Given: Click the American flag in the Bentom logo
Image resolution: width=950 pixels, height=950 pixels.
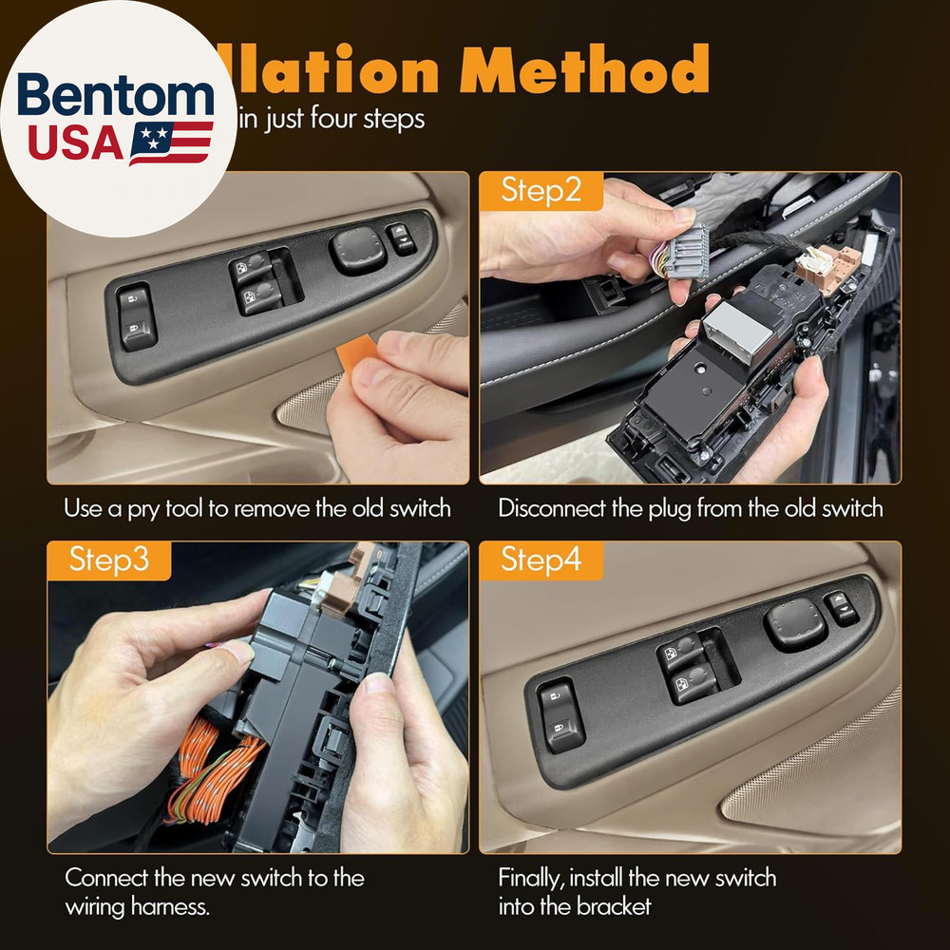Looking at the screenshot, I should click(171, 142).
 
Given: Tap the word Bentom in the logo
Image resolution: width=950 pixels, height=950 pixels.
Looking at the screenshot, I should click(116, 98).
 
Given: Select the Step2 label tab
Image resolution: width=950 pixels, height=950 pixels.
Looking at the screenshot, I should click(541, 191).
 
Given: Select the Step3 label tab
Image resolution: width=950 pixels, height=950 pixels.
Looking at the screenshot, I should click(108, 560).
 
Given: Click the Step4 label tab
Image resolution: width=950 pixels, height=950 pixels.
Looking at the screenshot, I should click(541, 560).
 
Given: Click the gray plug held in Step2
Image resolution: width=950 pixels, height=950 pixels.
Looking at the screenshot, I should click(686, 249).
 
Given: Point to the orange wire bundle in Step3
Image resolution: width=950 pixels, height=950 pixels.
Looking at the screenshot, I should click(214, 765).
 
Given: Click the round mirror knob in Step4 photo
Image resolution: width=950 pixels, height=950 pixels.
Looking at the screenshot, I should click(794, 623).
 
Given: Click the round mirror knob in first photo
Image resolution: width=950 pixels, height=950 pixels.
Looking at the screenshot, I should click(357, 252).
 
